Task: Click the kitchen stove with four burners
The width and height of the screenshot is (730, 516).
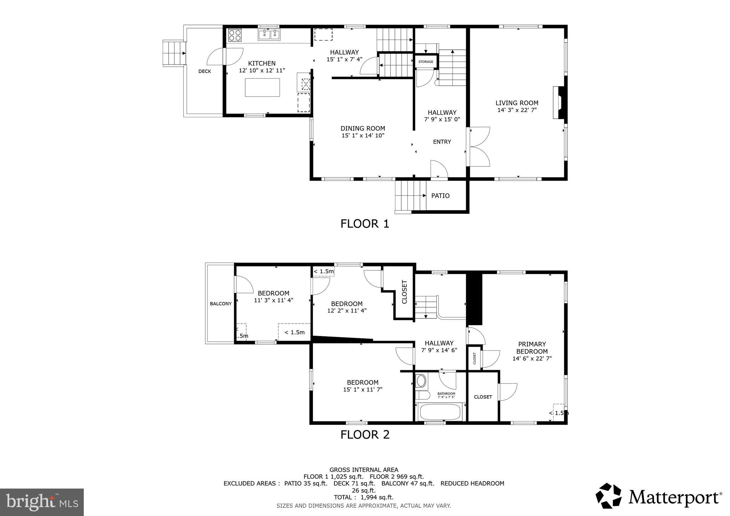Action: (x=235, y=35)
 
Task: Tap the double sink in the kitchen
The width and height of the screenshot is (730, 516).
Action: (x=269, y=35)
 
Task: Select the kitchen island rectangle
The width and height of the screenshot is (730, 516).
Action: (x=262, y=87)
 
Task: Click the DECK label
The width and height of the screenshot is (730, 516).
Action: (x=205, y=71)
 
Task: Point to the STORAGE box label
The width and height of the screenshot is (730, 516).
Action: (x=426, y=62)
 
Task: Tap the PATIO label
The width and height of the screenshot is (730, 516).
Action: (x=440, y=196)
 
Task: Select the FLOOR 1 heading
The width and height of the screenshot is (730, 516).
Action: (x=365, y=224)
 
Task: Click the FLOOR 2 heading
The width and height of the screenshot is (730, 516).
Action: (x=365, y=435)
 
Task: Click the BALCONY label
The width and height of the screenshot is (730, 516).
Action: (x=221, y=304)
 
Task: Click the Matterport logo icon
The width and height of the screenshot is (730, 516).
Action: (x=609, y=496)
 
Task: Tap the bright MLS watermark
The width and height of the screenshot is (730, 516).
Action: (x=42, y=502)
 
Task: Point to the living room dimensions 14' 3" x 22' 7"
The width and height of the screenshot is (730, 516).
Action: (x=517, y=110)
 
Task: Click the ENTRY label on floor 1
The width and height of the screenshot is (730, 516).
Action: (x=442, y=142)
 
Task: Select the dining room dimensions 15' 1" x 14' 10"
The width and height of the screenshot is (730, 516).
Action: (x=363, y=135)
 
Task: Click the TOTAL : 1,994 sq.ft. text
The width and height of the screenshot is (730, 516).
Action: (x=364, y=497)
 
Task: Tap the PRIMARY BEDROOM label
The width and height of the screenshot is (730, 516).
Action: (x=532, y=347)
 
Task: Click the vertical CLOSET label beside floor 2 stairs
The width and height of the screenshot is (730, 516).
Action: (x=404, y=292)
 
